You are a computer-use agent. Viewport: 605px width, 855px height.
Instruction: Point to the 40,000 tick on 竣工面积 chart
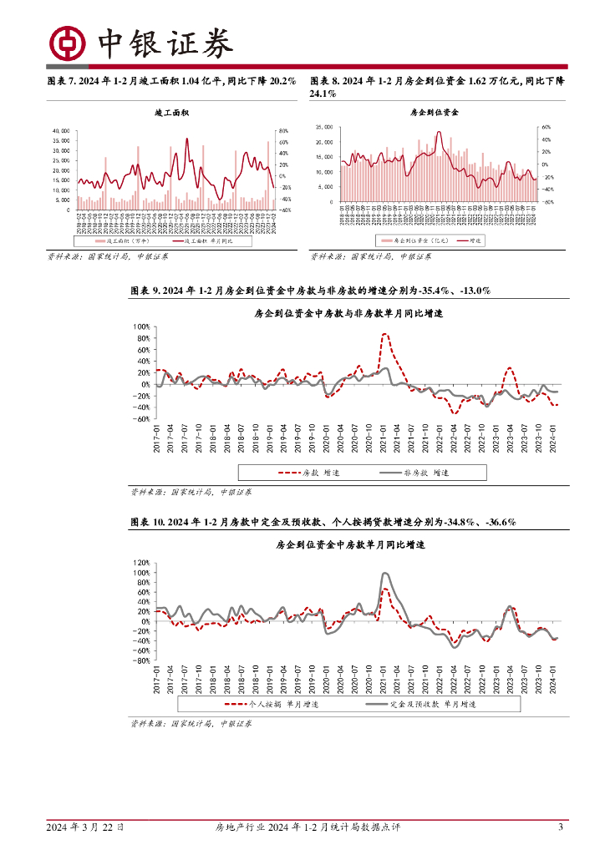coord(61,131)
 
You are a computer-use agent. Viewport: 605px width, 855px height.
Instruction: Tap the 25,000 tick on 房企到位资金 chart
coord(324,128)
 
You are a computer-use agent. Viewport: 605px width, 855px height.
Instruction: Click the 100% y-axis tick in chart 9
coord(142,327)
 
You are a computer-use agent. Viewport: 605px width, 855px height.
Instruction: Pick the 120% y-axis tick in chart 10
coord(140,563)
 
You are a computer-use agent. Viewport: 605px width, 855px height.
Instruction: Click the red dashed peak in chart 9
coord(384,335)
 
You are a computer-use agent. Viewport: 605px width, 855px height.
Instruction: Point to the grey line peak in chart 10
coord(384,574)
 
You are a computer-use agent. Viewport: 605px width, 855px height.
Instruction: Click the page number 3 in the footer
coord(561,827)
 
